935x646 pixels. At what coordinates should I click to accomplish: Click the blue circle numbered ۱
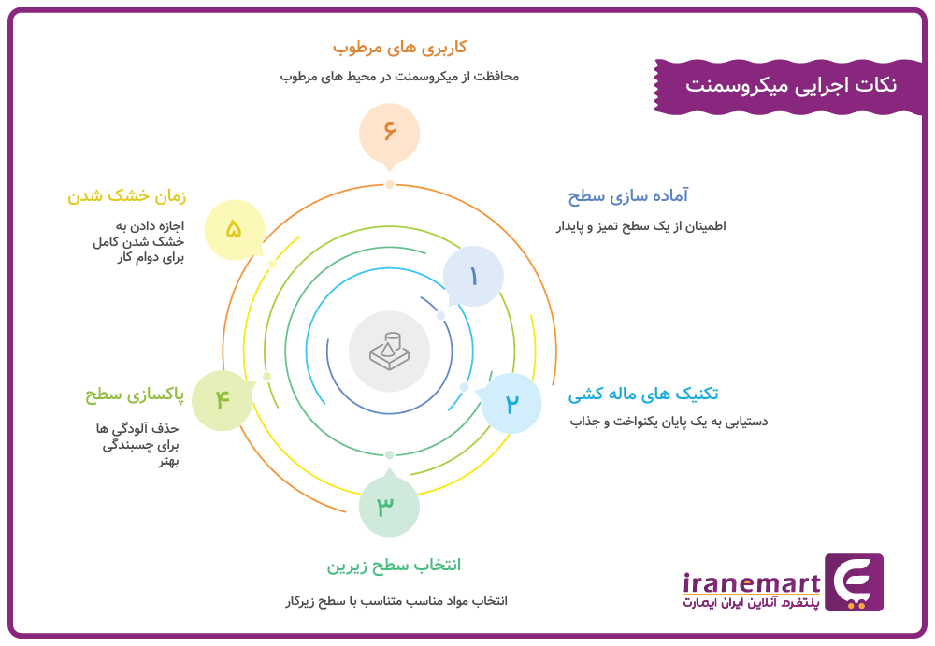click(x=473, y=276)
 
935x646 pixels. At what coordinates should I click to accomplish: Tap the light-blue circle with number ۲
click(x=511, y=403)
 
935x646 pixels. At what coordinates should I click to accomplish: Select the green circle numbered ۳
click(x=388, y=506)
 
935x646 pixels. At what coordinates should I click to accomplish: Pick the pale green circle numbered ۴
click(x=223, y=400)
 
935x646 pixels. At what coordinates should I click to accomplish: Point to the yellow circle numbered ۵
click(x=235, y=228)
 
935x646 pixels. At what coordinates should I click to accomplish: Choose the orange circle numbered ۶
click(x=389, y=131)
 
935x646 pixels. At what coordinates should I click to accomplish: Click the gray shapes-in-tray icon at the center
click(x=389, y=351)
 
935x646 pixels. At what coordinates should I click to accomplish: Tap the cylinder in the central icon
click(x=393, y=339)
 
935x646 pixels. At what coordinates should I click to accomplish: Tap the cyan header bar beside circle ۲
click(x=745, y=402)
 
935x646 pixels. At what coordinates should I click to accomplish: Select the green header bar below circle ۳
click(x=402, y=577)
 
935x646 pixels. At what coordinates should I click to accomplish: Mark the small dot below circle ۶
click(x=389, y=184)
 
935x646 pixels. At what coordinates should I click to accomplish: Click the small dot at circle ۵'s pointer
click(x=273, y=265)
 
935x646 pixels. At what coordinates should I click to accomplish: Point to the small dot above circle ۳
click(x=389, y=454)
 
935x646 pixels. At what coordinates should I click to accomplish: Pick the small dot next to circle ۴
click(x=267, y=376)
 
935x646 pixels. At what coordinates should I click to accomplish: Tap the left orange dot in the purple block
click(x=851, y=606)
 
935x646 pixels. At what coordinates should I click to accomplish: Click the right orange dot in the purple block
click(x=861, y=606)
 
